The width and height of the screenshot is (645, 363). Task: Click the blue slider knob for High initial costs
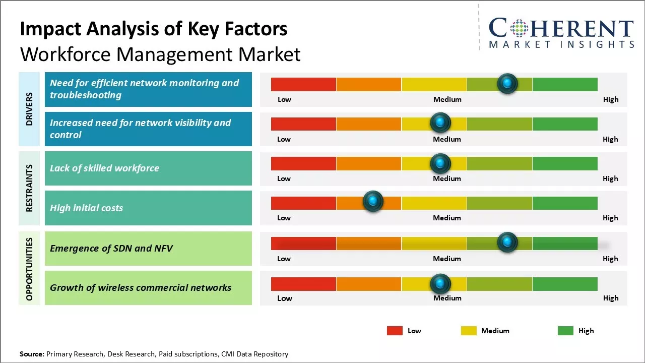point(373,201)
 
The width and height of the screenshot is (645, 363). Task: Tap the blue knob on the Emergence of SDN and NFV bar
point(507,242)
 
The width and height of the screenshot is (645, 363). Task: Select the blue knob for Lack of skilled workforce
point(440,163)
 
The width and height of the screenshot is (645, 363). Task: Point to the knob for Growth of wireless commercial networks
point(440,284)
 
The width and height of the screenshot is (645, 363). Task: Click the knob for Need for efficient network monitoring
point(507,83)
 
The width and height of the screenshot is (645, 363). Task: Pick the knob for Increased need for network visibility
point(440,123)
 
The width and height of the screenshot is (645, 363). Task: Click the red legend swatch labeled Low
point(395,331)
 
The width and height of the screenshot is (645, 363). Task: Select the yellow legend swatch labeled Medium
point(469,331)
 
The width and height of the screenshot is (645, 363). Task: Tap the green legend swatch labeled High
point(565,331)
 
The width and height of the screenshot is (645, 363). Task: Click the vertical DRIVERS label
point(29,109)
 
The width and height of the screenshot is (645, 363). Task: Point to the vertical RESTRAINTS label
point(29,188)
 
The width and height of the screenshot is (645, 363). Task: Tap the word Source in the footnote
point(32,354)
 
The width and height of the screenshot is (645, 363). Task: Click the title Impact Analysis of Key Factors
point(154,29)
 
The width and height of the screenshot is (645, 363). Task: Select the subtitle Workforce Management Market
point(160,54)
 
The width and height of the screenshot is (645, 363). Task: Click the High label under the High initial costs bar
point(610,218)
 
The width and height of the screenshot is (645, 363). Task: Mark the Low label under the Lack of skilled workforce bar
point(284,178)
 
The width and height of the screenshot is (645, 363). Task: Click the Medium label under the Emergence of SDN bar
point(447,259)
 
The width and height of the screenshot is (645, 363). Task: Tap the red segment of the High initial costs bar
point(303,203)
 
